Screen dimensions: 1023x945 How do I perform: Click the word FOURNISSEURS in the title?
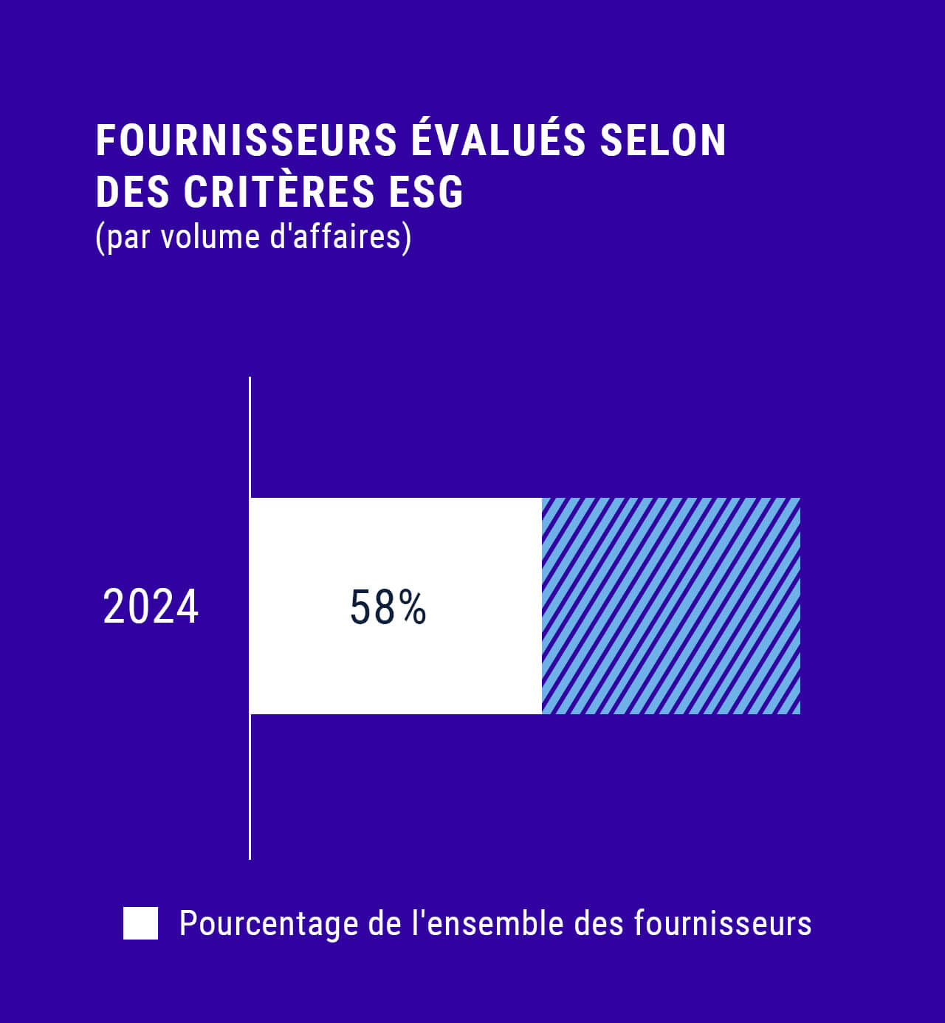click(247, 140)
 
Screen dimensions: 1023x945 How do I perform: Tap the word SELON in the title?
click(663, 140)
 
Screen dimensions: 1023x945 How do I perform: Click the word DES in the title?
click(133, 192)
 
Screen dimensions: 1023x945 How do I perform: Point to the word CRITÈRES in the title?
click(279, 191)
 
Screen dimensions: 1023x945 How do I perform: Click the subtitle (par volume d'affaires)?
click(253, 237)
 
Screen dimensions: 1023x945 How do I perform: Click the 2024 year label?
click(151, 607)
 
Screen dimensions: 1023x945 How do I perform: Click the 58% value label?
click(388, 608)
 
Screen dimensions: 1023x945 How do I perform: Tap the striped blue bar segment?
click(670, 606)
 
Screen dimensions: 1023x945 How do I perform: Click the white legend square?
click(140, 923)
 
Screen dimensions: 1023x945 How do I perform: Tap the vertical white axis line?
click(250, 428)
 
